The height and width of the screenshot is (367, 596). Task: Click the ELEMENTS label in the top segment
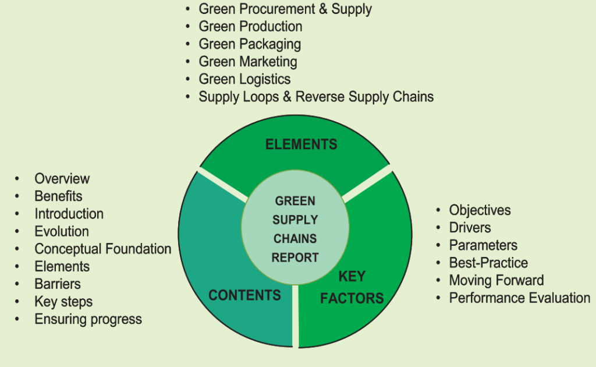[301, 144]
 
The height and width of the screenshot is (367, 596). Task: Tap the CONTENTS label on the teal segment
[244, 295]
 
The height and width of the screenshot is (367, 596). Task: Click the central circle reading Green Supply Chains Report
[296, 229]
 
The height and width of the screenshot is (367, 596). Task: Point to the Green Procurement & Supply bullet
[285, 9]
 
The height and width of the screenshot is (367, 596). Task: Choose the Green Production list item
[250, 27]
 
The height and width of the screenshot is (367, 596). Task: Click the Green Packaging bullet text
[250, 44]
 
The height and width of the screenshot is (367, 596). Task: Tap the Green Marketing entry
[248, 62]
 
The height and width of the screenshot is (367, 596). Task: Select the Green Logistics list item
[244, 79]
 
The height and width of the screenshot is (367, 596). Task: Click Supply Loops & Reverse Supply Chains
[316, 97]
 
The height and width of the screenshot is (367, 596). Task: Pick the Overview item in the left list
[62, 179]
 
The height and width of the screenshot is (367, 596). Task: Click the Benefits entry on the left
[58, 196]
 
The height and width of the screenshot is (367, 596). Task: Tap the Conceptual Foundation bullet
[103, 249]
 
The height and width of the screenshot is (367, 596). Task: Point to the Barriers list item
[58, 284]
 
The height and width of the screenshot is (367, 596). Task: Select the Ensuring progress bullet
[88, 319]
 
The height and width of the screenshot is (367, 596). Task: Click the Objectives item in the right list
[480, 210]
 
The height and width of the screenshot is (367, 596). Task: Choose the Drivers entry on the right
[470, 228]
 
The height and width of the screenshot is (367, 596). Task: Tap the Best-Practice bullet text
[488, 263]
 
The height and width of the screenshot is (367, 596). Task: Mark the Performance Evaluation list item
[519, 298]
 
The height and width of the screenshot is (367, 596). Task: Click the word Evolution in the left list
[62, 232]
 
